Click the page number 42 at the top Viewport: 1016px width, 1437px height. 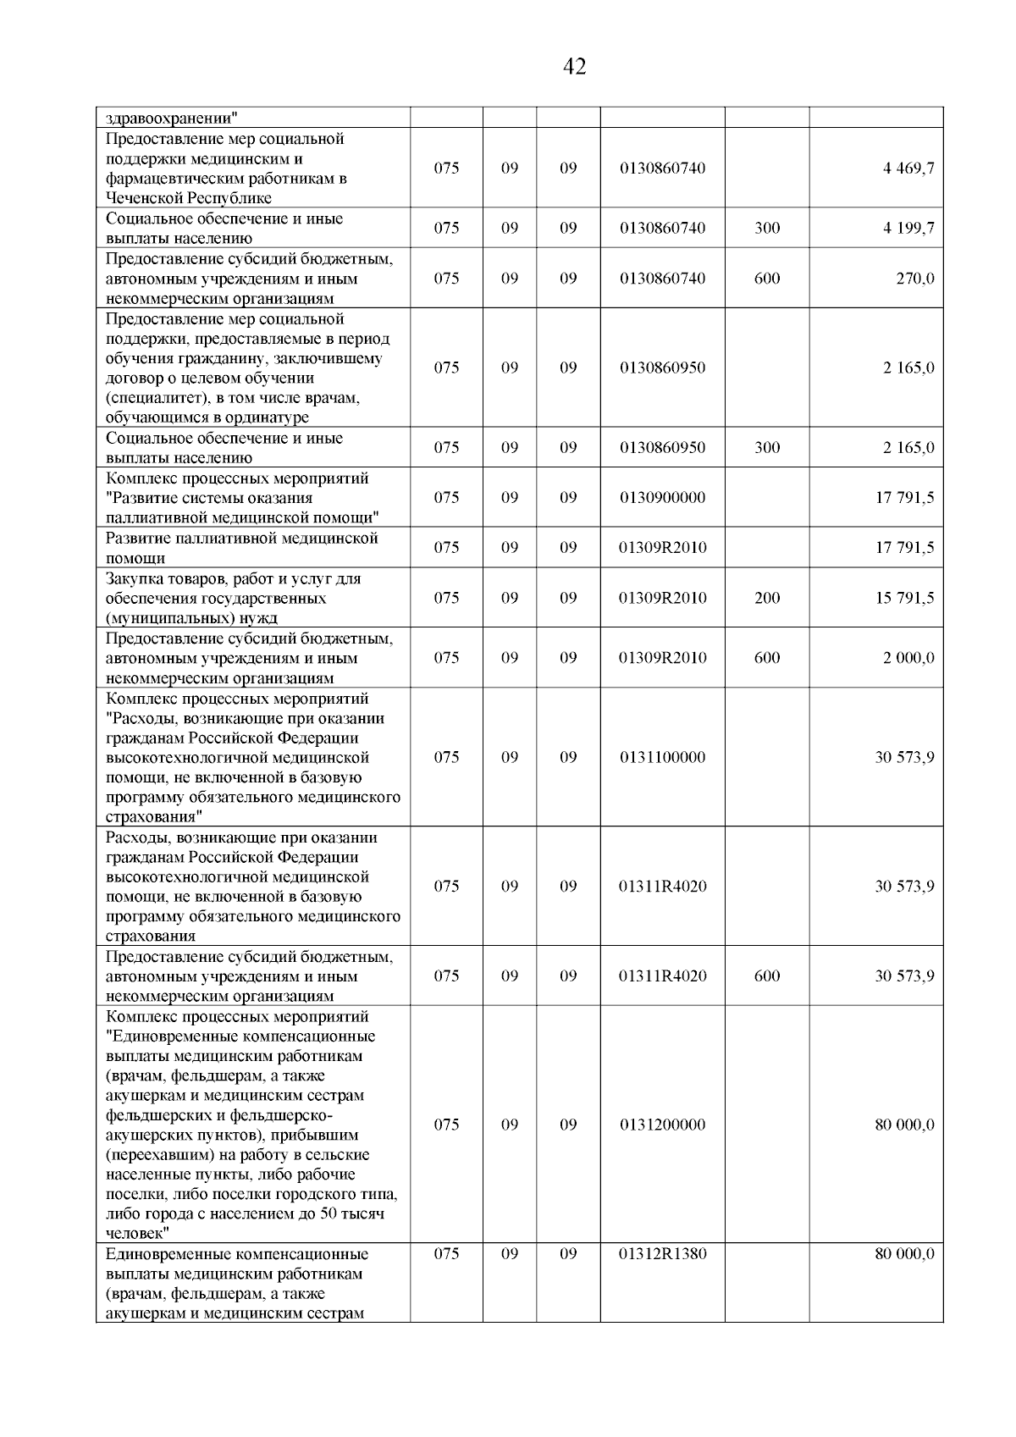pos(574,67)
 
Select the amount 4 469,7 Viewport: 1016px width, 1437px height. pos(908,168)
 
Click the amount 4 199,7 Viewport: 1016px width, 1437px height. pos(908,228)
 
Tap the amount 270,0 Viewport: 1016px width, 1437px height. pos(915,279)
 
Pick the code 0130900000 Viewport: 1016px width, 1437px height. pos(662,497)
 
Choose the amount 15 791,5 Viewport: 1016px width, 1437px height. pos(904,598)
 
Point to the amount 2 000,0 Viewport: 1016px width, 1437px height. pos(908,658)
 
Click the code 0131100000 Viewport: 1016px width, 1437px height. pos(662,757)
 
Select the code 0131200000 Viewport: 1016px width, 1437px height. pos(662,1125)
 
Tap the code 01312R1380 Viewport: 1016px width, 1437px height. pos(662,1254)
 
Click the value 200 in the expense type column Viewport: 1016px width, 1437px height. pos(767,598)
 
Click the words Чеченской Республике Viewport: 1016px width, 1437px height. pos(189,198)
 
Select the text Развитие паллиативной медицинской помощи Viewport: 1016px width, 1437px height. pos(241,548)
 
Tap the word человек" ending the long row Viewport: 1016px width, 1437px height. pos(138,1234)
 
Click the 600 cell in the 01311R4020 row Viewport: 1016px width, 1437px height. pos(767,976)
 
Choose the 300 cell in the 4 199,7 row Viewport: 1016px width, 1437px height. pos(767,228)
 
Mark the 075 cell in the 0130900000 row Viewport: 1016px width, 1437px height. pos(446,497)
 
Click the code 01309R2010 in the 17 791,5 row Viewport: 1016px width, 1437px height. pos(662,548)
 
